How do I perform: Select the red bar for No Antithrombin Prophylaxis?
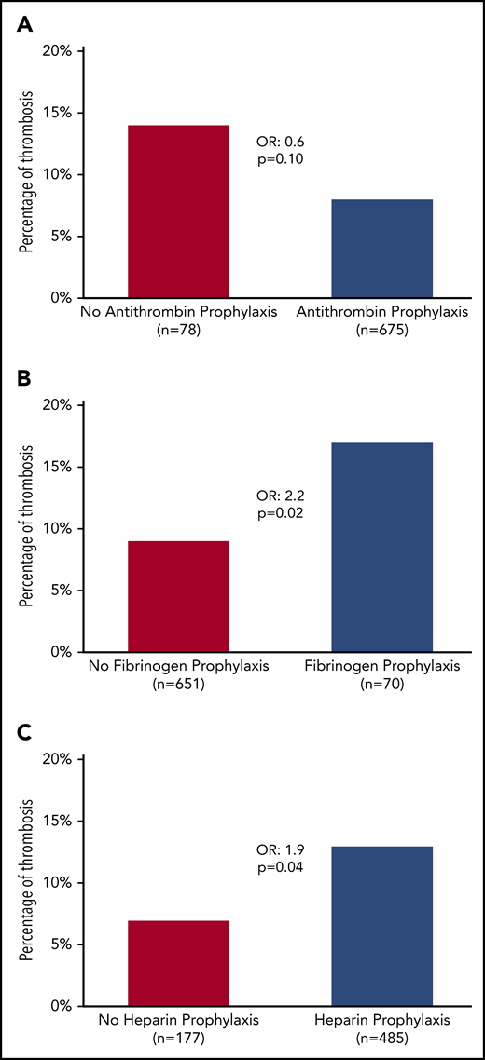(x=178, y=211)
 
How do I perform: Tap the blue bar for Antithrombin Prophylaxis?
(x=381, y=249)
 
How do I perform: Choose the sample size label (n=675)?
(x=381, y=330)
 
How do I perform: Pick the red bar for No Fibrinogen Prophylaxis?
(x=178, y=596)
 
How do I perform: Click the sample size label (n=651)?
(x=178, y=684)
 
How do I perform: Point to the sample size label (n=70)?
(x=381, y=684)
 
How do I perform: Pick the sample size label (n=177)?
(x=178, y=1038)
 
